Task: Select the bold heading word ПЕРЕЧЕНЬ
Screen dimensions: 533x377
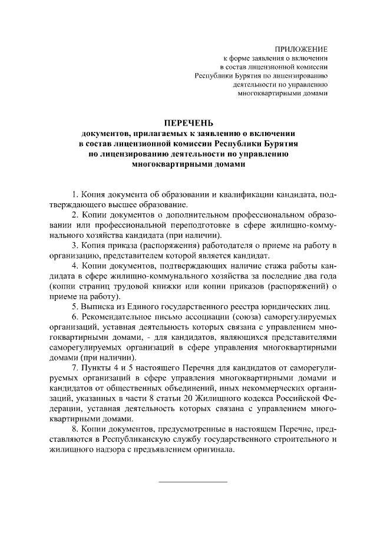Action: (188, 123)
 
